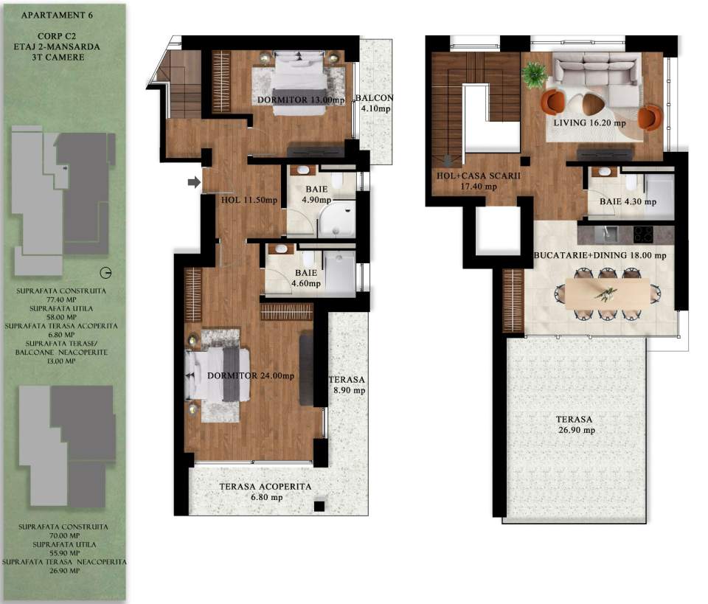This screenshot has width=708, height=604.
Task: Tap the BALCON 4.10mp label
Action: pos(374,103)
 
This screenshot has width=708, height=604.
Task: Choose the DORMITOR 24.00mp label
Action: pos(251,375)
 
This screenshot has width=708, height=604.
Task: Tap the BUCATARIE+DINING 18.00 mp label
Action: pos(599,255)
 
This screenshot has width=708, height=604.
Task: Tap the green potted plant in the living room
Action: pos(533,74)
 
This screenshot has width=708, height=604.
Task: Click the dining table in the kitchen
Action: pos(608,294)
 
